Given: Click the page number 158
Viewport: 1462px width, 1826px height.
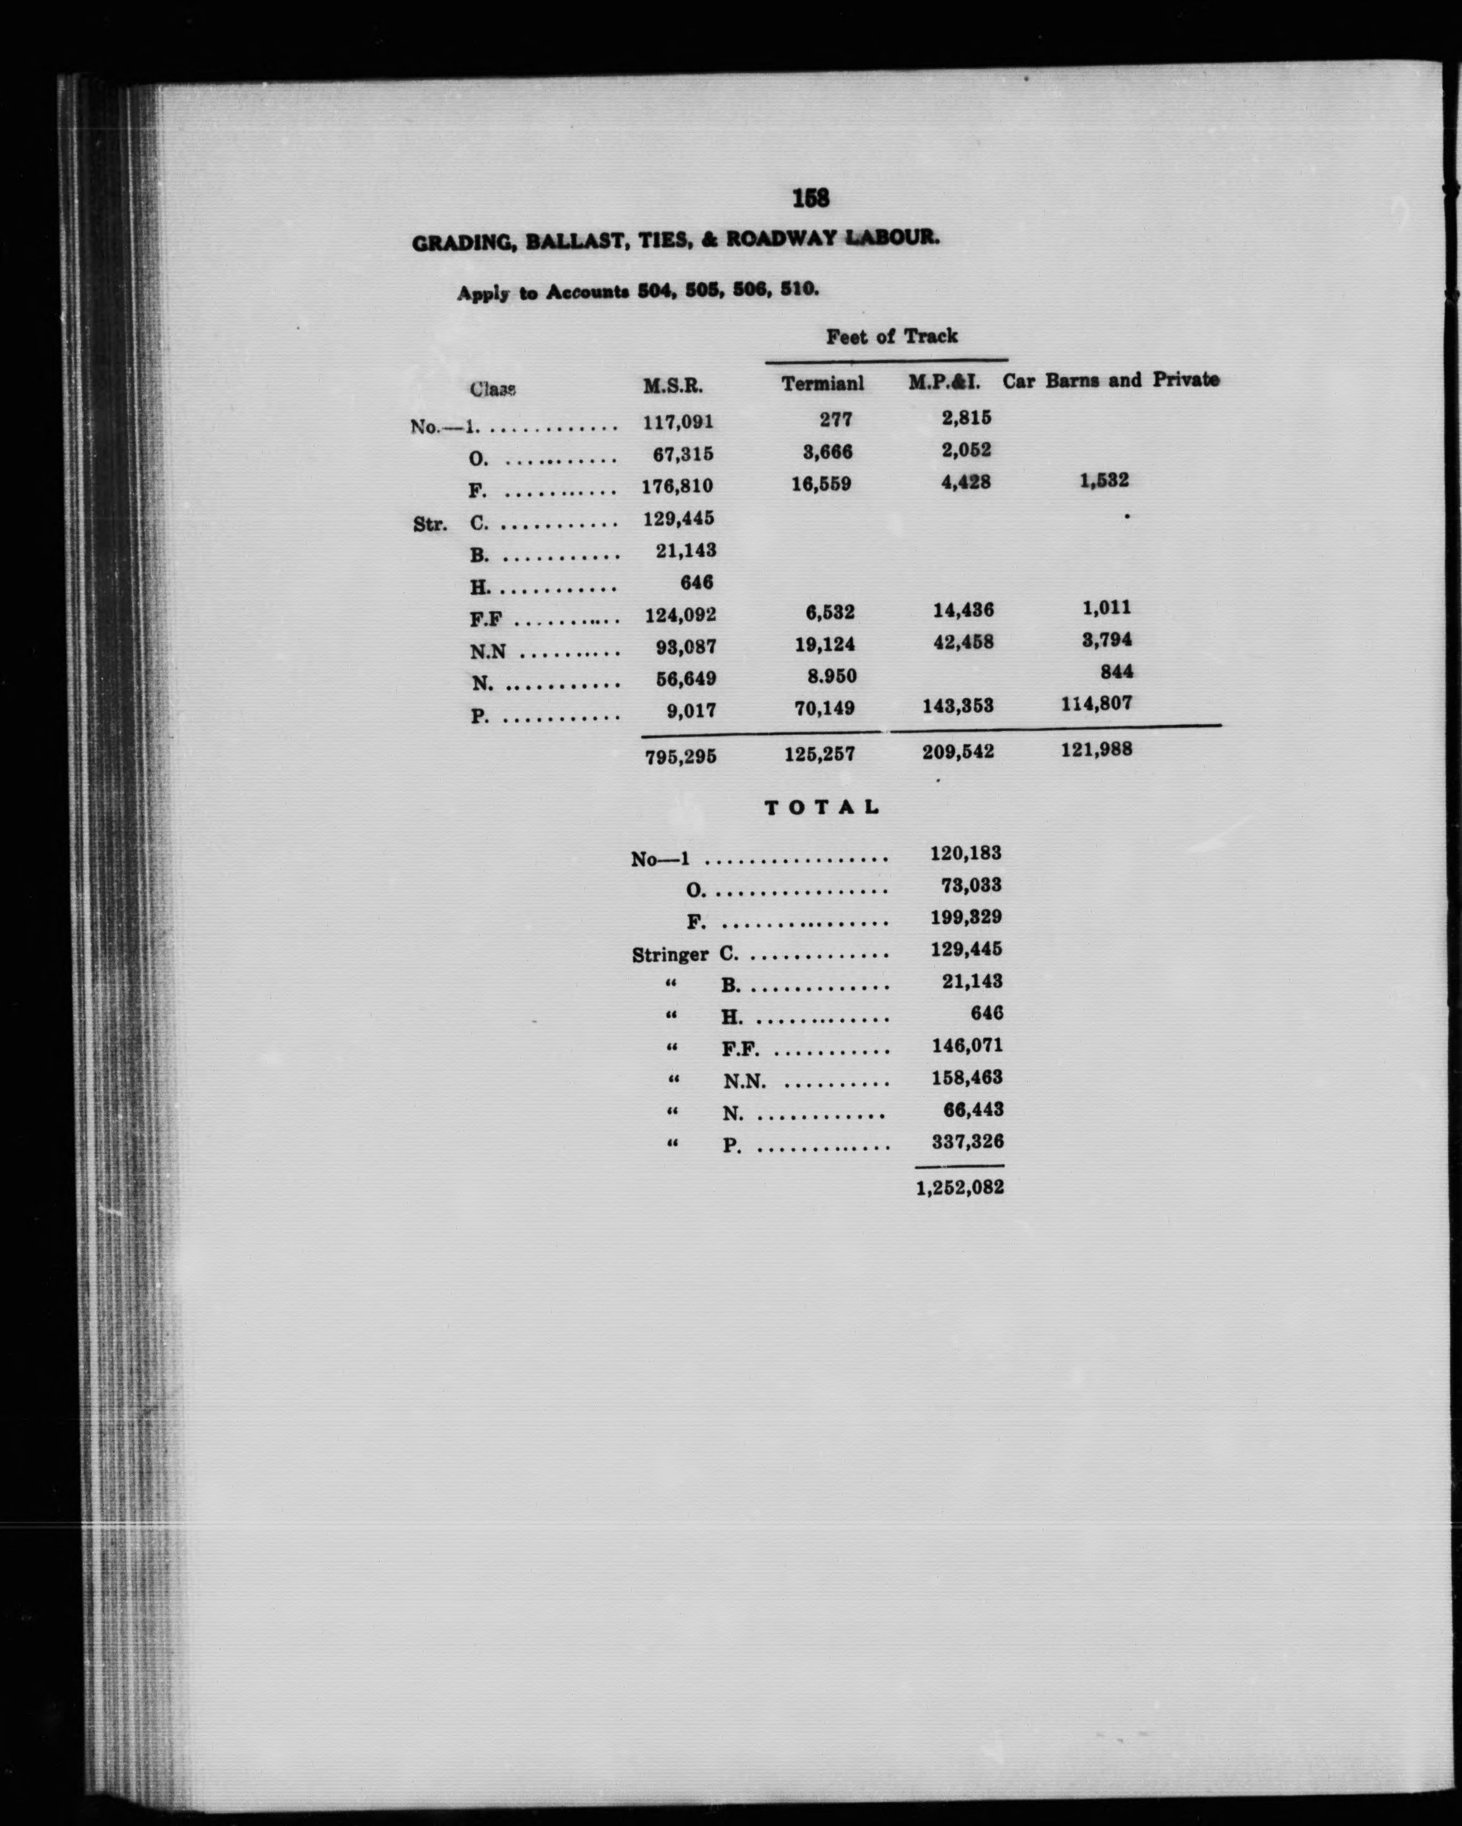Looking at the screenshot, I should (810, 198).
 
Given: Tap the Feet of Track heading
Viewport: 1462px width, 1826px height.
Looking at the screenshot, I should (891, 336).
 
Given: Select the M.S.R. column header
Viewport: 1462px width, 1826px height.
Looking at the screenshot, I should (672, 386).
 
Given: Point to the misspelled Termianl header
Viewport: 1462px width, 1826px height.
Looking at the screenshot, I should (822, 384).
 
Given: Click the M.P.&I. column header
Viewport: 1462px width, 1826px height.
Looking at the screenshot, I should (944, 382).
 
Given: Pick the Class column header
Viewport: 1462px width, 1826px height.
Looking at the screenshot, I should (492, 389).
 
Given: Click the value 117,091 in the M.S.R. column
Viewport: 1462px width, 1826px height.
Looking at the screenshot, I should (678, 421).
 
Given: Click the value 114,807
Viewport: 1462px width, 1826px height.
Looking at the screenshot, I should (1096, 703).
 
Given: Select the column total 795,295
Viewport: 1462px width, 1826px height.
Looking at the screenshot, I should (680, 755).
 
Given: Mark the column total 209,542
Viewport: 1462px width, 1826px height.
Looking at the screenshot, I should (958, 751).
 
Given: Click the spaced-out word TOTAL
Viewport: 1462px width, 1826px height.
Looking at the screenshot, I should (822, 807).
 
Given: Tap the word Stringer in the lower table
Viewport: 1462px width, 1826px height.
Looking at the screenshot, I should (669, 955).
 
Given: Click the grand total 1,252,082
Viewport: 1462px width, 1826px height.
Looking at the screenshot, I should (959, 1188).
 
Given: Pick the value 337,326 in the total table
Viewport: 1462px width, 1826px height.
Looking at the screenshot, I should (967, 1142).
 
